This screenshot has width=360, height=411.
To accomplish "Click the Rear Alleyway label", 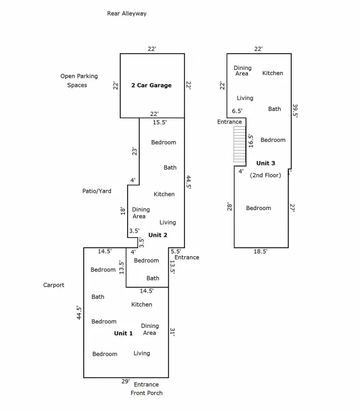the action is [127, 14].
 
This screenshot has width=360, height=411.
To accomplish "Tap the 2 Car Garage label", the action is [151, 85].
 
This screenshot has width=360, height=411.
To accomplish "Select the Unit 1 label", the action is [123, 333].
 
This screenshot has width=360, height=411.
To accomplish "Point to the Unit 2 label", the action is [158, 235].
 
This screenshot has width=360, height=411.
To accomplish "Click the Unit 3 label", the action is [266, 163].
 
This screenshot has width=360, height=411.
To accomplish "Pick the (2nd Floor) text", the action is [265, 175].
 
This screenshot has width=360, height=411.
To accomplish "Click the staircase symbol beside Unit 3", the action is [240, 144].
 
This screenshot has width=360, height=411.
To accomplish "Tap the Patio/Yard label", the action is [97, 191].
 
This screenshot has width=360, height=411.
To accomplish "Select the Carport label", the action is [54, 285].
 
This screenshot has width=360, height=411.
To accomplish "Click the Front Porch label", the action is [147, 393].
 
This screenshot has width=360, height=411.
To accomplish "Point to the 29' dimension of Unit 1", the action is [125, 382].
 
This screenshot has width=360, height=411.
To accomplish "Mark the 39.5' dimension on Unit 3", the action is [295, 111].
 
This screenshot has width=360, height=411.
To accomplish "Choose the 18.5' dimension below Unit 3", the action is [260, 251].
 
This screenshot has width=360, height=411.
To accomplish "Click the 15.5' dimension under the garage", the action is [160, 122].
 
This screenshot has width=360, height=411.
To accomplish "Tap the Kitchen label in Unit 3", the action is [273, 73].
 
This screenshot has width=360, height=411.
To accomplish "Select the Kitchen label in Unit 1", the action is [142, 305].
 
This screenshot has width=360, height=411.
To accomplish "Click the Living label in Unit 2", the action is [168, 223].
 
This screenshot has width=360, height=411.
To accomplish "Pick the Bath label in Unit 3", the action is [274, 109].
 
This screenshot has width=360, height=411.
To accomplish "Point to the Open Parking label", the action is [79, 76].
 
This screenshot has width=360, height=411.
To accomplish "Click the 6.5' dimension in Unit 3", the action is [237, 111].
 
